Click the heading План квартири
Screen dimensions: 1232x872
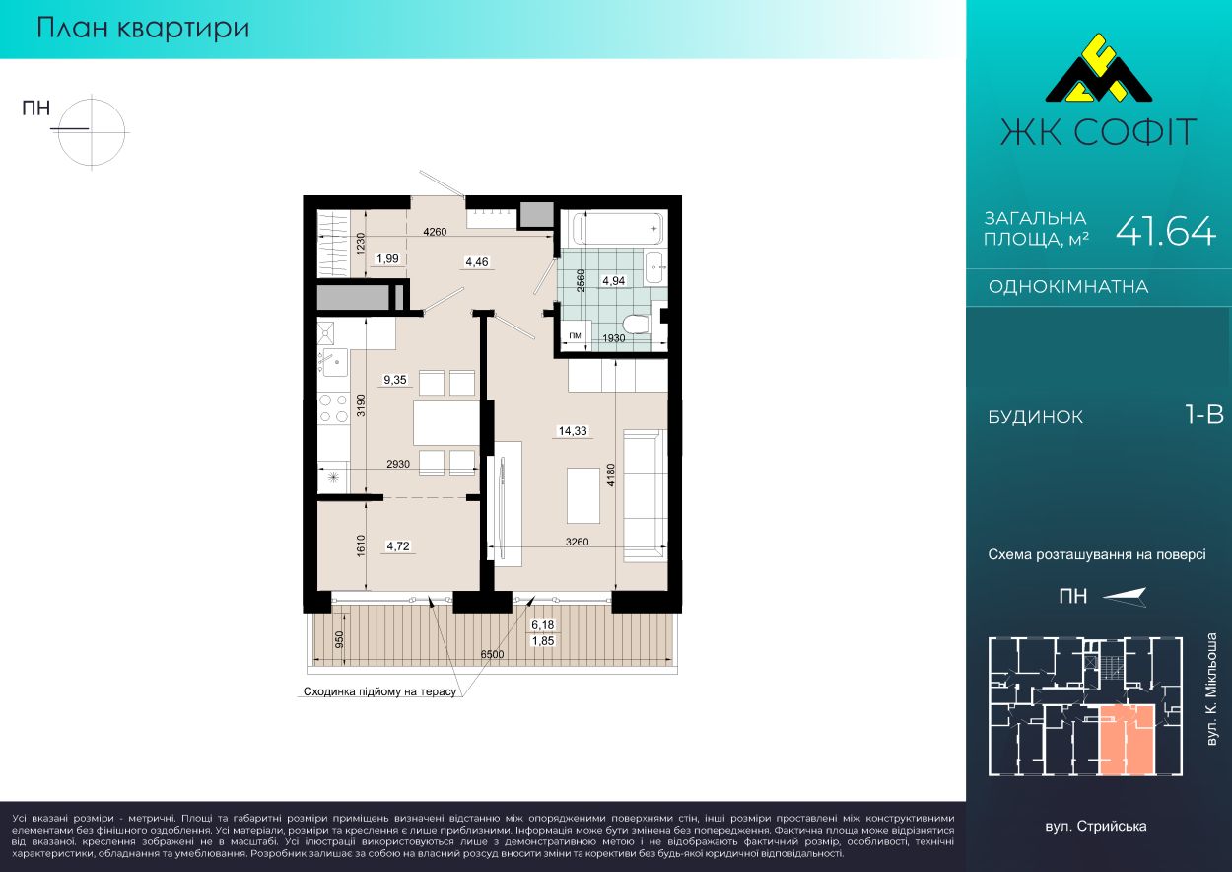(143, 28)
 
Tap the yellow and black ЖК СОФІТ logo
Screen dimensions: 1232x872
(1098, 76)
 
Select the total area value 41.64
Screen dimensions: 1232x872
(1165, 230)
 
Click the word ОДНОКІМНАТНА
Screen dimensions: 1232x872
(1068, 287)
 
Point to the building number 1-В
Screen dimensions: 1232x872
(1204, 414)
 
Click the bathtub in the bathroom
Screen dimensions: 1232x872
(618, 228)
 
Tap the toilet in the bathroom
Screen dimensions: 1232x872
(638, 324)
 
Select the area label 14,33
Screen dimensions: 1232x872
(573, 431)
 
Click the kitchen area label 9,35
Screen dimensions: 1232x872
(395, 380)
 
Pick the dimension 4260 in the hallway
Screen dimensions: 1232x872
(435, 232)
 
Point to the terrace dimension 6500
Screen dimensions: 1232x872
(492, 654)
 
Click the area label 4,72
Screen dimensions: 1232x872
(397, 546)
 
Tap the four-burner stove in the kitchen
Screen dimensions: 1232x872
(333, 408)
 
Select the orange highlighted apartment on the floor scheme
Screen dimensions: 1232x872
(1126, 740)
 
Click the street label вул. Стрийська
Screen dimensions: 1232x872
(1096, 827)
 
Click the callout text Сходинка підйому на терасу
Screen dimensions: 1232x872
(380, 691)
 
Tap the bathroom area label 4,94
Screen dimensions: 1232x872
(614, 281)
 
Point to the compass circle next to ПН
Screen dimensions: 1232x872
(92, 132)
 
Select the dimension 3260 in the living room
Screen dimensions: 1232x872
(577, 542)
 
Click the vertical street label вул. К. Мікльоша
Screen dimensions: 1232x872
(1211, 690)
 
